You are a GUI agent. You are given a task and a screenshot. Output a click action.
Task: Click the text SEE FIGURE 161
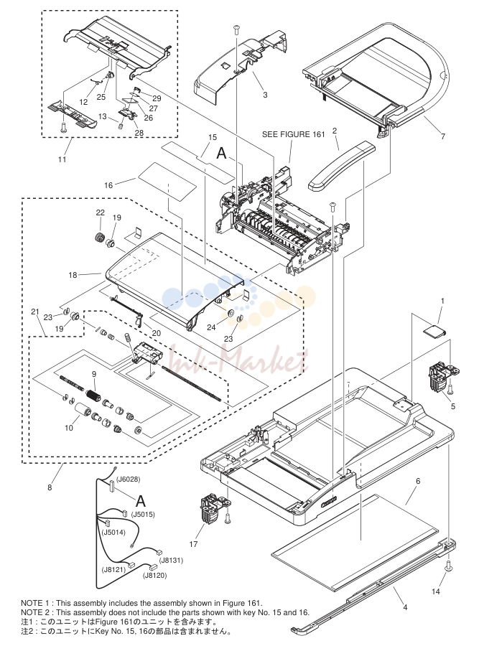pyautogui.click(x=294, y=134)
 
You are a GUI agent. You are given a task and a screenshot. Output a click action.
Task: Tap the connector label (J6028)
pyautogui.click(x=129, y=479)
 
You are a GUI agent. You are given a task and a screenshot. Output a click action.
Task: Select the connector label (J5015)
pyautogui.click(x=143, y=515)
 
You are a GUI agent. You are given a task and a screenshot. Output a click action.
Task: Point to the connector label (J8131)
pyautogui.click(x=171, y=561)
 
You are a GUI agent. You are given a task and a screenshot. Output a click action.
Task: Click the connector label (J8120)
pyautogui.click(x=155, y=576)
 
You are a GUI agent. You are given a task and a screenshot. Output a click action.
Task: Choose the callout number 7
pyautogui.click(x=443, y=136)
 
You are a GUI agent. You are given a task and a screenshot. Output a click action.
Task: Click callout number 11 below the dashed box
pyautogui.click(x=62, y=159)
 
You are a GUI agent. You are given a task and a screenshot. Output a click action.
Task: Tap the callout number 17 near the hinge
pyautogui.click(x=193, y=544)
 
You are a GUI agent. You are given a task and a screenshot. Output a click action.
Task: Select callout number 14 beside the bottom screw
pyautogui.click(x=436, y=591)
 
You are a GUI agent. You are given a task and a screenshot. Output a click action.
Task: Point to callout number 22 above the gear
pyautogui.click(x=100, y=212)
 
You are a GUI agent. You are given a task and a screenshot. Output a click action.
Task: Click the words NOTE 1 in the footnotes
pyautogui.click(x=34, y=604)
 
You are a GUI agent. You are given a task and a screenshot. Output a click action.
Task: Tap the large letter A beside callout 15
pyautogui.click(x=221, y=154)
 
